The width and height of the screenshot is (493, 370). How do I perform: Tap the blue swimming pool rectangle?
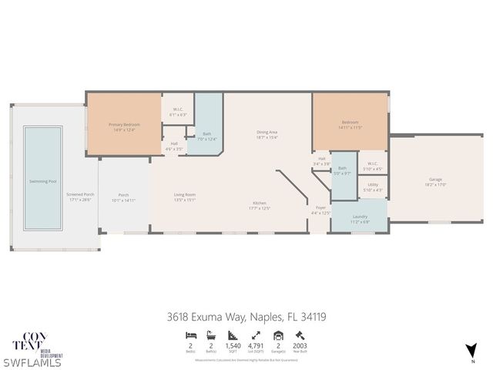[x=42, y=177]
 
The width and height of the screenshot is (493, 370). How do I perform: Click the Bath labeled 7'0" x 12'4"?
[x=206, y=136]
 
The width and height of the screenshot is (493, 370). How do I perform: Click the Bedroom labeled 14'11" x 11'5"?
[x=350, y=124]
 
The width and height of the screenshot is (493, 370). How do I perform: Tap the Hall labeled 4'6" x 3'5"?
[x=174, y=146]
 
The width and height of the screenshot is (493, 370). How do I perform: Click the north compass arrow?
[x=472, y=350]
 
